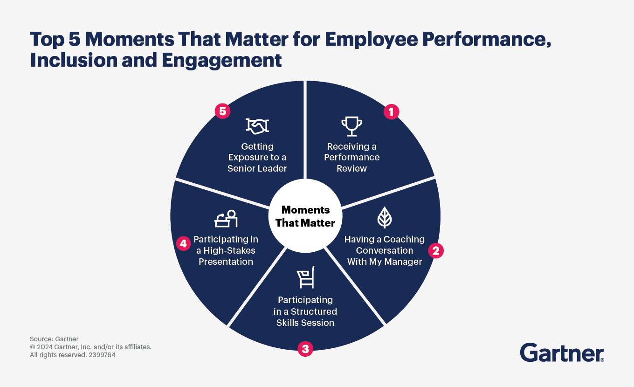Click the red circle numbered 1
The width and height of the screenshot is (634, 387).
[392, 112]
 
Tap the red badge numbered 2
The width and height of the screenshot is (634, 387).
[436, 250]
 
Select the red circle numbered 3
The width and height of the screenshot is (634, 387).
[305, 349]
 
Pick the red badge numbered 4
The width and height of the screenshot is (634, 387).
[183, 243]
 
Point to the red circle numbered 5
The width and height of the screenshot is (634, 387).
[222, 111]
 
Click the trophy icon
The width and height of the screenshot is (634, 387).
[352, 126]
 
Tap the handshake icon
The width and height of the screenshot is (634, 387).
[257, 126]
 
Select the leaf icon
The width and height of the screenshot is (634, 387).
[385, 217]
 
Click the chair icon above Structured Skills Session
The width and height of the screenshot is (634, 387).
[306, 277]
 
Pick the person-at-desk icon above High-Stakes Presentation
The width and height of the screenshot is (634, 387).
[226, 219]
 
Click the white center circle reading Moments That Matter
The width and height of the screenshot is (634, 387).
[305, 216]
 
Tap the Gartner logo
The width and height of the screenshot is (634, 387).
[562, 352]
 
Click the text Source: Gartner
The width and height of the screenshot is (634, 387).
[54, 339]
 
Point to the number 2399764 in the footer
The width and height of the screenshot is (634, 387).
[102, 355]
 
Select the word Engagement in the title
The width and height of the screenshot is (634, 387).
[221, 61]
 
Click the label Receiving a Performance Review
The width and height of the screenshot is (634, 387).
[352, 158]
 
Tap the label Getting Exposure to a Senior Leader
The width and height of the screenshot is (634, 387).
[257, 158]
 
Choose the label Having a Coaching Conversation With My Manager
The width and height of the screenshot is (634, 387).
[384, 250]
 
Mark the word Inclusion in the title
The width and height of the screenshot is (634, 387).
[74, 60]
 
